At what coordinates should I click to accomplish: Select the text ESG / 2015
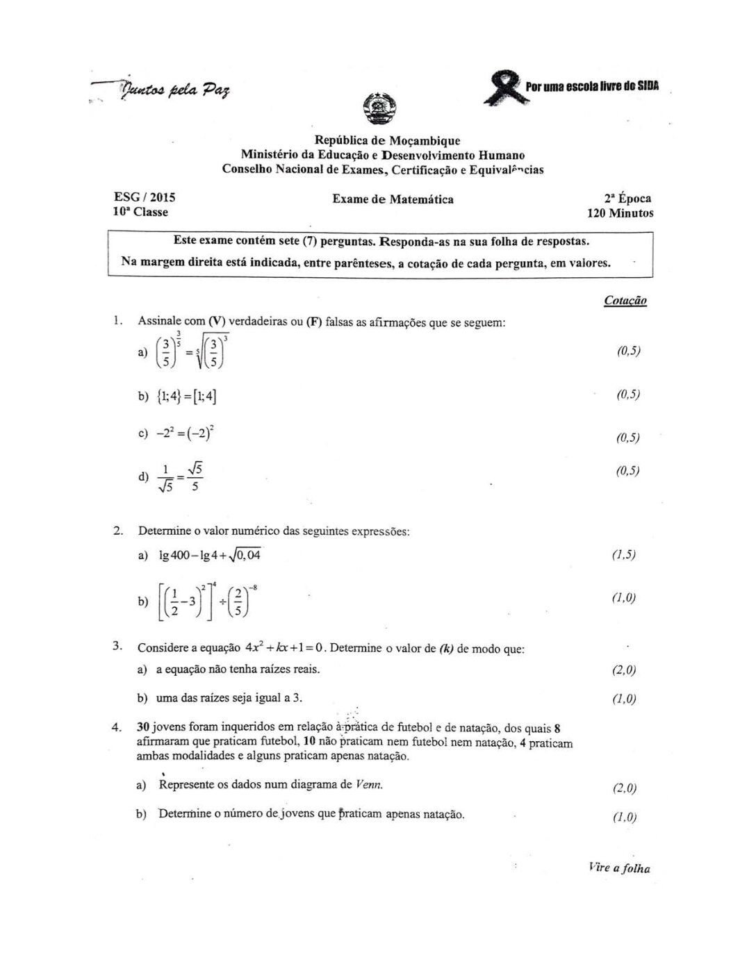click(x=145, y=198)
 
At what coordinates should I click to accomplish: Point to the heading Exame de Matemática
click(x=393, y=199)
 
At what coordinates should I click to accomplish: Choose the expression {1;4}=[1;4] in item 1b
click(x=187, y=397)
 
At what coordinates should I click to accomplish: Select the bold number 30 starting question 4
click(x=144, y=728)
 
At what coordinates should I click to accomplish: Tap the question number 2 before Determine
click(x=118, y=531)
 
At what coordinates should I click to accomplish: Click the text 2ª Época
click(x=627, y=199)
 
